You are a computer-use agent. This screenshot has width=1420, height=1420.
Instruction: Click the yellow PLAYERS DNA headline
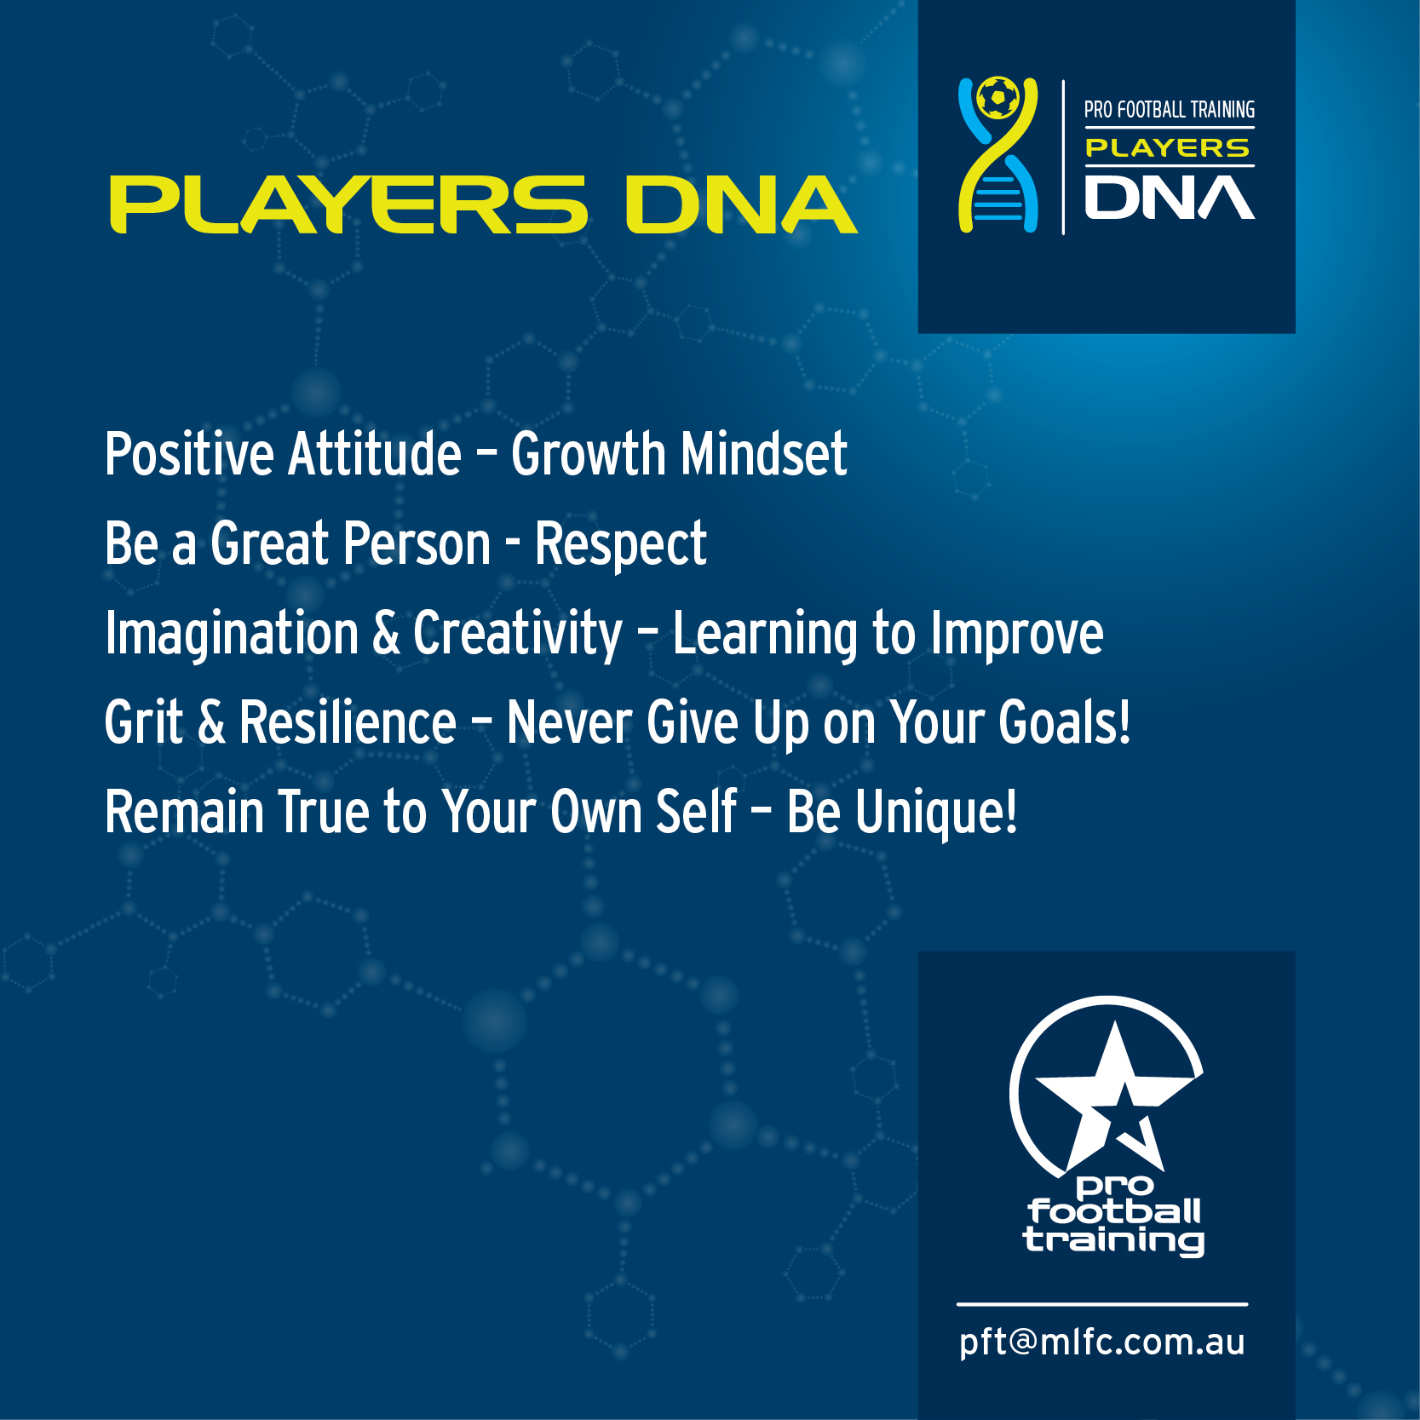(483, 204)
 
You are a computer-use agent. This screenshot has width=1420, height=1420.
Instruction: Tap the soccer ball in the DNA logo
(997, 99)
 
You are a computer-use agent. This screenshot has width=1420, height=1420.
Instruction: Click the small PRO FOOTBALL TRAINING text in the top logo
(1169, 110)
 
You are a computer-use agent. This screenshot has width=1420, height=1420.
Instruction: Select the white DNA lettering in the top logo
(1169, 198)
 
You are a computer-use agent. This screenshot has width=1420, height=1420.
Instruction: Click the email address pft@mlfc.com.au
(1101, 1342)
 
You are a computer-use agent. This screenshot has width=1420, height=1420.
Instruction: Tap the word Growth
(588, 453)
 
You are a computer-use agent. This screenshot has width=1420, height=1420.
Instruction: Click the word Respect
(620, 545)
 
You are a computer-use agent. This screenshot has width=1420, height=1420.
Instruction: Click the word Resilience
(348, 722)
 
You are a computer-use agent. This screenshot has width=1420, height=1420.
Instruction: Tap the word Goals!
(1065, 722)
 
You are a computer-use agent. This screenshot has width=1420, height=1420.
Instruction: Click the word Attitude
(375, 453)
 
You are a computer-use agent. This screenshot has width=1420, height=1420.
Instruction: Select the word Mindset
(763, 453)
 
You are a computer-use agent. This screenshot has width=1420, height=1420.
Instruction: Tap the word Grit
(144, 722)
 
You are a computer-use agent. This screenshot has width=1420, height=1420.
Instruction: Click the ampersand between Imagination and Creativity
(386, 633)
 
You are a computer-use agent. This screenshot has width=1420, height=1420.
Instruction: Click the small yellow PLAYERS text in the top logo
(1167, 148)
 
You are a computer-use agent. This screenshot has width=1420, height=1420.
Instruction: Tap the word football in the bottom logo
(1114, 1211)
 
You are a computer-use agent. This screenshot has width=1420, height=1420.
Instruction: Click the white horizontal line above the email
(1101, 1304)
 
